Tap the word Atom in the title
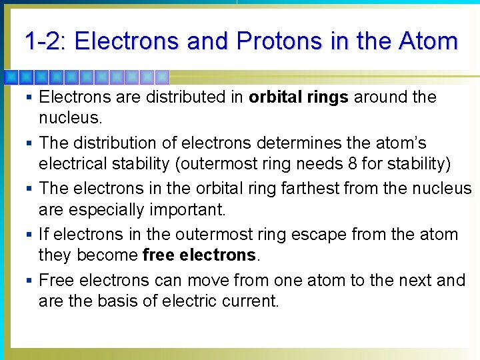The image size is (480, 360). point(428,41)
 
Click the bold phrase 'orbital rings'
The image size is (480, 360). point(298,97)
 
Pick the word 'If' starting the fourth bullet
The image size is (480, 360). point(44,235)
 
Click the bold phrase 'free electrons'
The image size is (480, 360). point(199,255)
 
